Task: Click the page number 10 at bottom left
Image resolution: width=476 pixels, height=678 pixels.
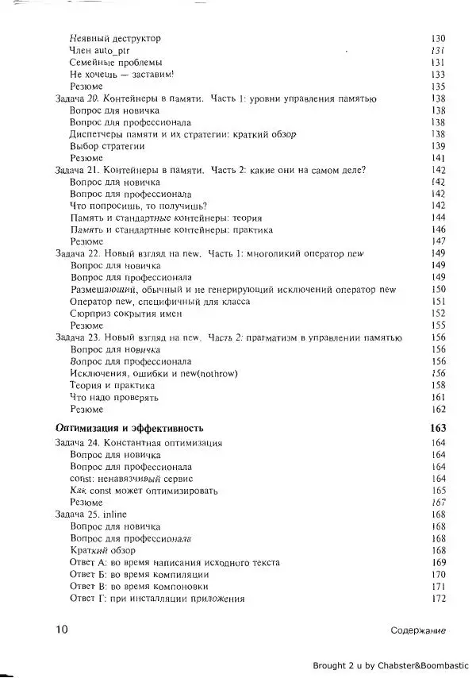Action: pyautogui.click(x=60, y=630)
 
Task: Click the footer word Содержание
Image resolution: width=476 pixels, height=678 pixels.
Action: pyautogui.click(x=418, y=630)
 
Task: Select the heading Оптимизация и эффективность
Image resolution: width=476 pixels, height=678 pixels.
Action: pyautogui.click(x=130, y=427)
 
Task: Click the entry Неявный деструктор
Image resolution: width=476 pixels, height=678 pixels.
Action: pyautogui.click(x=115, y=38)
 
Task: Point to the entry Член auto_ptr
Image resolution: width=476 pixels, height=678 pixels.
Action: pyautogui.click(x=100, y=50)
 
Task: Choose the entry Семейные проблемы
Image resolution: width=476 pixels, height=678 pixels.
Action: pyautogui.click(x=117, y=62)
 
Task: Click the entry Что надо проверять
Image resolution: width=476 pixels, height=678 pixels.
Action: pyautogui.click(x=115, y=396)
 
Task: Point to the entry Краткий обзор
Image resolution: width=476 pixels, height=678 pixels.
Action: pyautogui.click(x=102, y=550)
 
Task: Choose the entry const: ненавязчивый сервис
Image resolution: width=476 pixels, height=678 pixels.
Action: pyautogui.click(x=132, y=479)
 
